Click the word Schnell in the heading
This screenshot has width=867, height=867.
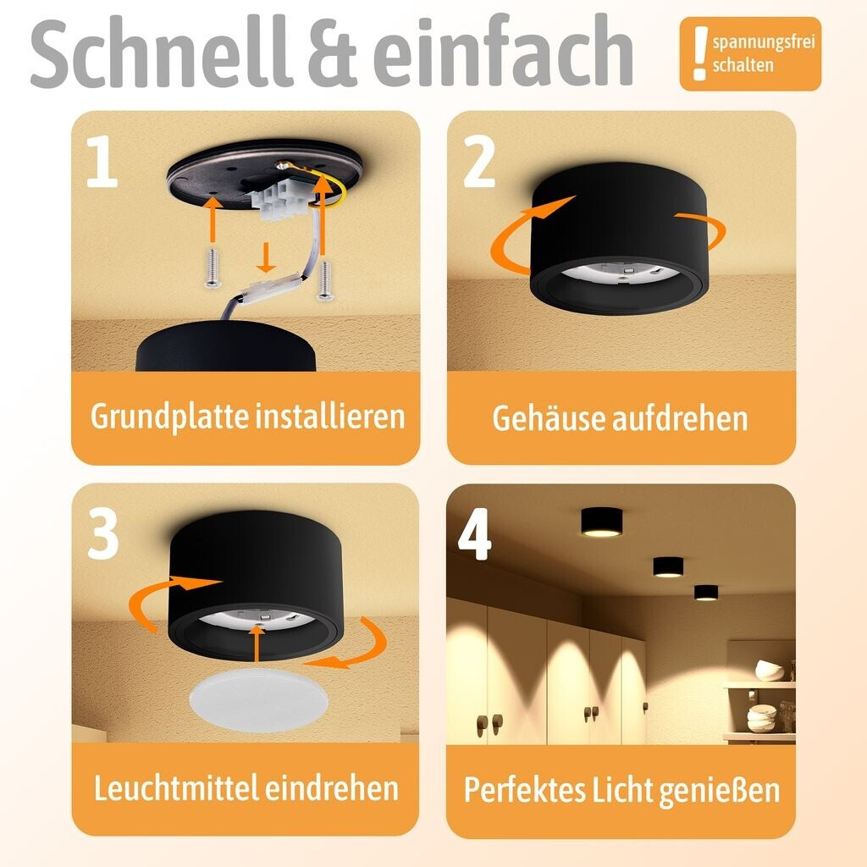[160, 52]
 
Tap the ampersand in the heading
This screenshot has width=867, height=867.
[332, 53]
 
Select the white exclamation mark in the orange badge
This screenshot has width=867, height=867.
[700, 53]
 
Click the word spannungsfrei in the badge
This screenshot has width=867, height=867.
[764, 43]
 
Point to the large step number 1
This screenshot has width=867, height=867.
[102, 162]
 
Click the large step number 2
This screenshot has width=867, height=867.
[479, 162]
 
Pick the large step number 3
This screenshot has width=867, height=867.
[102, 533]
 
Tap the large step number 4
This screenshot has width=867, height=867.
[475, 534]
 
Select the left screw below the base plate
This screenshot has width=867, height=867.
[213, 268]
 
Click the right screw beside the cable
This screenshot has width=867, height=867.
[326, 280]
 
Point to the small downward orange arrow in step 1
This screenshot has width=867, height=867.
[266, 257]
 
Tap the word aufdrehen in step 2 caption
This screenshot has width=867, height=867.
[680, 418]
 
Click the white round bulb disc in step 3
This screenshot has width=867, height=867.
[259, 699]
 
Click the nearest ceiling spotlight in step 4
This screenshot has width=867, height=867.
[602, 522]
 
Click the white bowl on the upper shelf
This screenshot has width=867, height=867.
[770, 671]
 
